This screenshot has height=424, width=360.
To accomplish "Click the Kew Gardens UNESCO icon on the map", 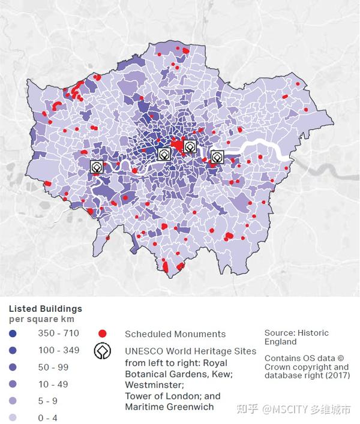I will [x=97, y=167].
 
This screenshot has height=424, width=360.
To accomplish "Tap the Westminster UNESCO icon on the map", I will [x=164, y=155].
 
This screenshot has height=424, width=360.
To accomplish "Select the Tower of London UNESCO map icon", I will [x=190, y=146].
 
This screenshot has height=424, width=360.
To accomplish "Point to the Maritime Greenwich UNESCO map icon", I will [x=217, y=157].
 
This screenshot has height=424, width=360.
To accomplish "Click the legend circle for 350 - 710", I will [x=13, y=333].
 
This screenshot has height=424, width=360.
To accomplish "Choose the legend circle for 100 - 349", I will [x=13, y=350].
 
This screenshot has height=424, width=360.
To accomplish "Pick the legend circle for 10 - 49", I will [x=13, y=384].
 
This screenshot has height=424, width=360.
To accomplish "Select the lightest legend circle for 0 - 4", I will [x=13, y=417].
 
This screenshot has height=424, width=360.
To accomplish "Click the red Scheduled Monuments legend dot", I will [x=103, y=333].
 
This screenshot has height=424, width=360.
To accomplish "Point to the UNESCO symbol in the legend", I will [x=103, y=351].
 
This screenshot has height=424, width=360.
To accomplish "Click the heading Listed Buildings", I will [x=45, y=308].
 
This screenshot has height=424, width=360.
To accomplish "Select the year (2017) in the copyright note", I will [x=334, y=375].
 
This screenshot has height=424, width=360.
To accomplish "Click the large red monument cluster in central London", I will [x=178, y=146].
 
